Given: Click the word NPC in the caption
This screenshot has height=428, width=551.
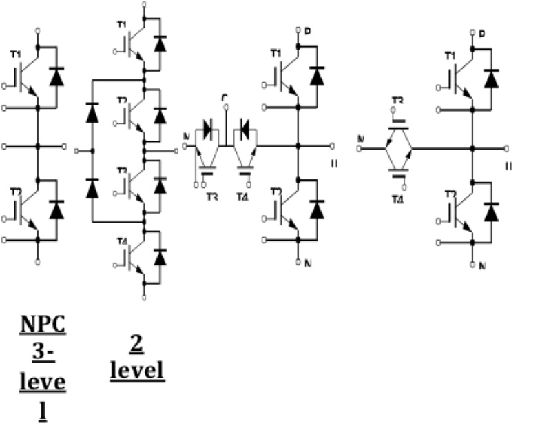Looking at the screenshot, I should pyautogui.click(x=43, y=324).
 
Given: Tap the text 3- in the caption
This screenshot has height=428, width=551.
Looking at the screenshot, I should pyautogui.click(x=43, y=349).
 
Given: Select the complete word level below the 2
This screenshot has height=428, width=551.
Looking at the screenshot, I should pyautogui.click(x=137, y=369).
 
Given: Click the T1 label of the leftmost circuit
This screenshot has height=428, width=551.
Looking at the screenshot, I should pyautogui.click(x=15, y=54).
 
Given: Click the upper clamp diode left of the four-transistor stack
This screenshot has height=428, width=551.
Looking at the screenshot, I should pyautogui.click(x=92, y=114).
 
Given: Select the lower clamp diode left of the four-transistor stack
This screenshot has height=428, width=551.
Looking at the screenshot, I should pyautogui.click(x=92, y=188).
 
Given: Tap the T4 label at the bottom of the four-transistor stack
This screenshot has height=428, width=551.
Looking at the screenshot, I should pyautogui.click(x=121, y=241).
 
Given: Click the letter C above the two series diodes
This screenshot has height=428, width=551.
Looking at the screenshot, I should pyautogui.click(x=225, y=99).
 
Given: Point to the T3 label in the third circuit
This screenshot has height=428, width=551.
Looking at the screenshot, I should pyautogui.click(x=211, y=196).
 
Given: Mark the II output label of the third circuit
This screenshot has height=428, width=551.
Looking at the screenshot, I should pyautogui.click(x=334, y=163).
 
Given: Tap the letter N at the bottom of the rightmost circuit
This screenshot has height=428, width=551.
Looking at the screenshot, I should pyautogui.click(x=482, y=265).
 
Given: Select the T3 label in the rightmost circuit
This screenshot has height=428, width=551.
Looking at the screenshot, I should pyautogui.click(x=397, y=101).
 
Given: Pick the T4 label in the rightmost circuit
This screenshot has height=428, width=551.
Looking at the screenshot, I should pyautogui.click(x=397, y=200).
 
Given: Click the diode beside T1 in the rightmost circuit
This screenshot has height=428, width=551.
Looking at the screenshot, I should pyautogui.click(x=490, y=78).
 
